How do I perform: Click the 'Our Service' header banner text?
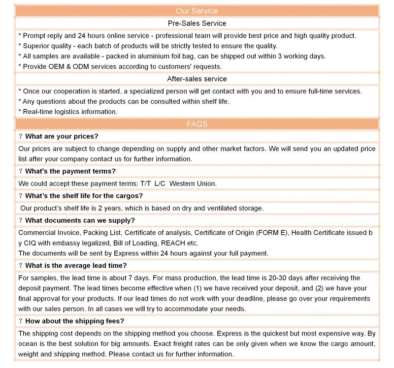[x=197, y=11]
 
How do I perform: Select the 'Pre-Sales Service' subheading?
[x=197, y=23]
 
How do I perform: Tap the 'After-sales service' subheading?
[x=197, y=79]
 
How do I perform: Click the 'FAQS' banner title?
[x=197, y=124]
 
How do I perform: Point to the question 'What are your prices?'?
[x=62, y=136]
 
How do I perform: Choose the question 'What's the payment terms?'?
[x=70, y=171]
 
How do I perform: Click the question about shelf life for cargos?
[x=84, y=196]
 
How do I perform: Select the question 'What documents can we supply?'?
[x=80, y=220]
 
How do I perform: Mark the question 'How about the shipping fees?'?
[x=74, y=321]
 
